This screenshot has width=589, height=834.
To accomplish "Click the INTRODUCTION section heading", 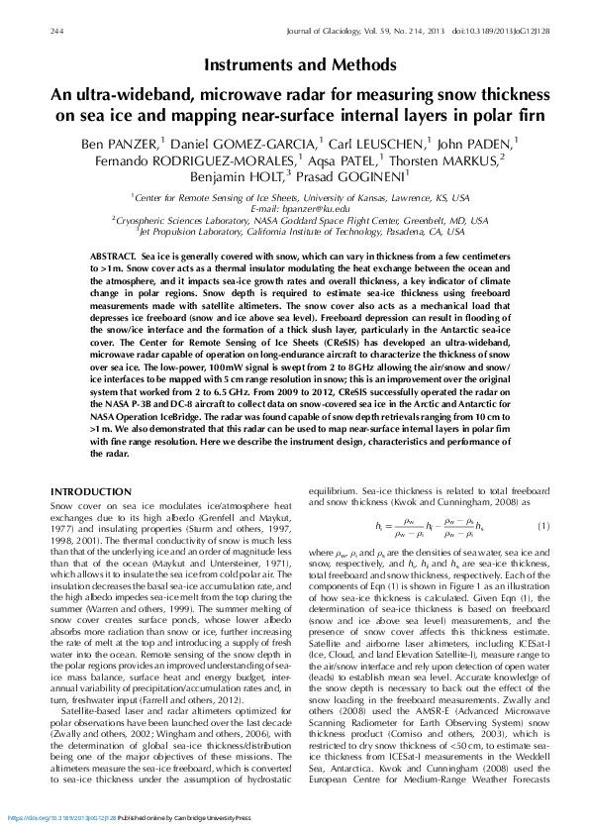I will [90, 492].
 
